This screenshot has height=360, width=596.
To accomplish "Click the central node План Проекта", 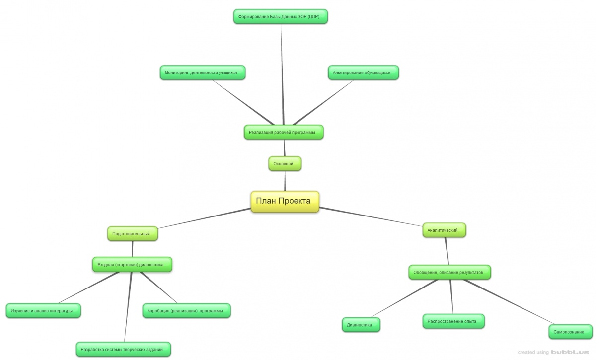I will pos(285,201).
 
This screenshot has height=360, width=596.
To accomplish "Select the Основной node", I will pos(285,163).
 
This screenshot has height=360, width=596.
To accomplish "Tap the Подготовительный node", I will pos(132,233).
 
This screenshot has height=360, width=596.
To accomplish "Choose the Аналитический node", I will pos(444,230).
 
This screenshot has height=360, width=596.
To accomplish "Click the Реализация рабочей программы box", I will pos(284,132).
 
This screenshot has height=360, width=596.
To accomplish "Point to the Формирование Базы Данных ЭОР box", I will pos(281,17).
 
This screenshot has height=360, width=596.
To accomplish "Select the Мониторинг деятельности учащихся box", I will pos(203,72).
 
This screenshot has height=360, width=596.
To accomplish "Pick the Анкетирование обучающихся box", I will pos(363,72).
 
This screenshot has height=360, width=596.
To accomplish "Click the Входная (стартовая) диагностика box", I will pos(132,265).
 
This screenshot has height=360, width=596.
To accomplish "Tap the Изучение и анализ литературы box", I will pos(43,311).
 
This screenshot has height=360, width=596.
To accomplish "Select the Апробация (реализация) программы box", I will pos(186,311).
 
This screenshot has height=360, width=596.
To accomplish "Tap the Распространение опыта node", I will pos(453,321).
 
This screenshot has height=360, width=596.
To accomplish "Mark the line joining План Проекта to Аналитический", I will pos(370,216).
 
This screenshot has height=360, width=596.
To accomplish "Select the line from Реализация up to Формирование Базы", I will pos(282,74).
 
